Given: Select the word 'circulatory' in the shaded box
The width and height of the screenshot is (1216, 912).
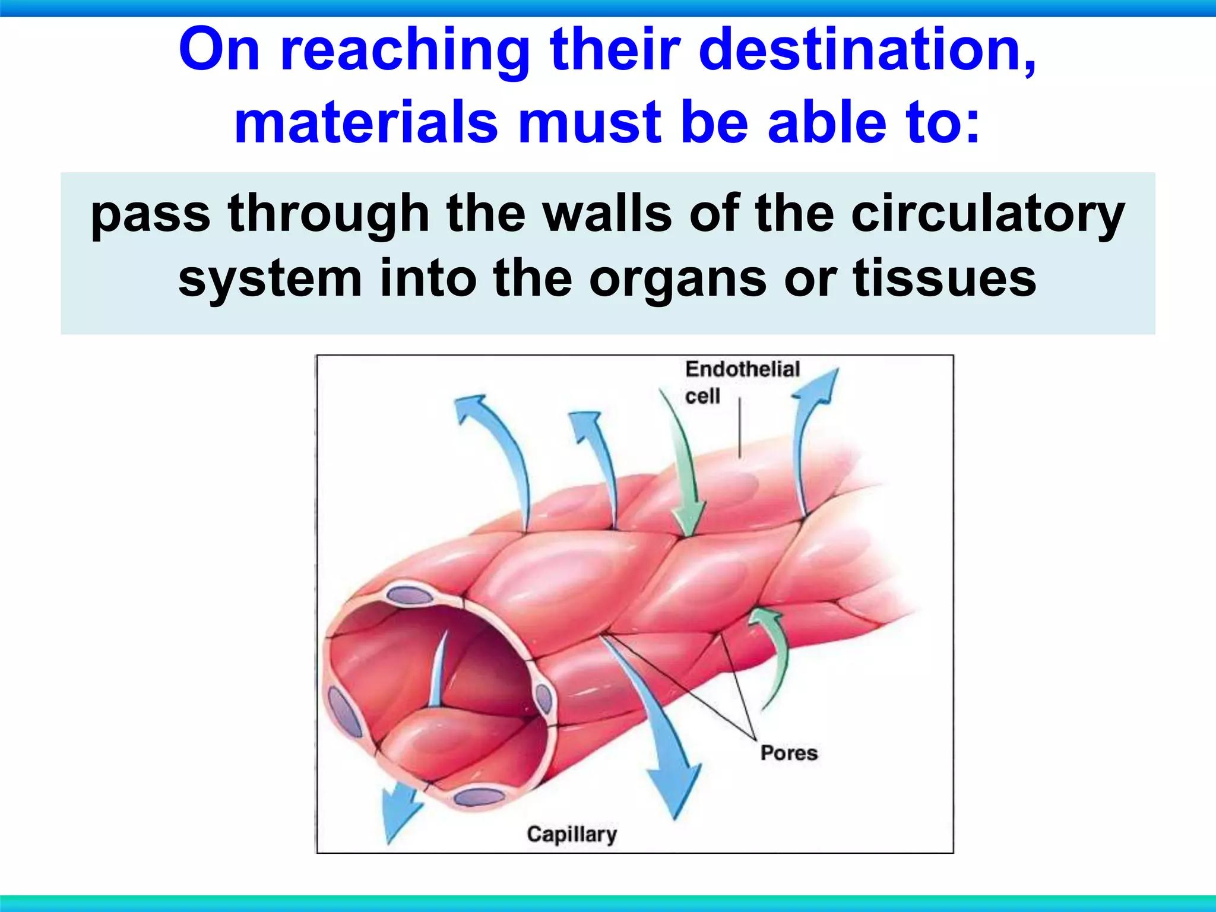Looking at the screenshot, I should coord(987,215).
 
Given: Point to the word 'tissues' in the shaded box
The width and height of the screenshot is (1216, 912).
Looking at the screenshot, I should coord(944,279).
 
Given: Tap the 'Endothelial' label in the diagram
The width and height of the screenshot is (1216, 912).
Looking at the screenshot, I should coord(742,369).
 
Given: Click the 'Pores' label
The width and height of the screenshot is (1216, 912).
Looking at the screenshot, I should coord(788,753).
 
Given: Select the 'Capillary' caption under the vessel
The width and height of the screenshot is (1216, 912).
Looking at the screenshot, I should coord(571,834).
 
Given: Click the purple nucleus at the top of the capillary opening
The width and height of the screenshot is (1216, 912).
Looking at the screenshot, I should coord(410,596).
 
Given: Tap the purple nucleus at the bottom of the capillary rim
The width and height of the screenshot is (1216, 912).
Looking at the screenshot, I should coord(479,797).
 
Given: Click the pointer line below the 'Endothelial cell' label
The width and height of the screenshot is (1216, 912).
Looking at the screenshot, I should coord(739,427).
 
